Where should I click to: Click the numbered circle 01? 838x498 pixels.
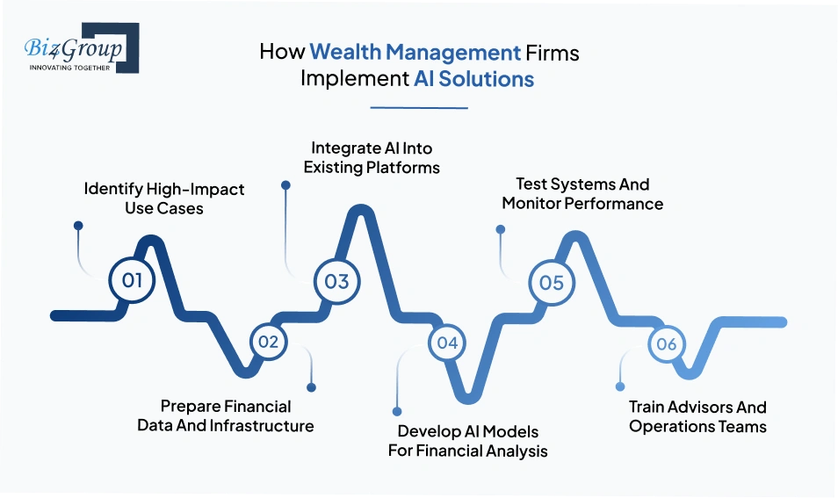click(133, 281)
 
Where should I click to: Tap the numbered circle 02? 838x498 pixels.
click(268, 342)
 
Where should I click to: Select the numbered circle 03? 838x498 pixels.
click(336, 281)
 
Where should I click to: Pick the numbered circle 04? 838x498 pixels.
click(447, 342)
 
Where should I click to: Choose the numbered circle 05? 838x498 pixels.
click(552, 283)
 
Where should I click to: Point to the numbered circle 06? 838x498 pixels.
click(667, 343)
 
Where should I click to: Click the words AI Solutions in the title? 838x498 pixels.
click(473, 78)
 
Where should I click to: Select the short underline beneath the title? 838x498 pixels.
click(419, 108)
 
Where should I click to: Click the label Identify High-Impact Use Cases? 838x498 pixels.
click(164, 198)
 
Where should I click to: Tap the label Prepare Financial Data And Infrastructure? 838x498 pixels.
click(226, 416)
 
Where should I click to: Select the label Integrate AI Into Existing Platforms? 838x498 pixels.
click(375, 156)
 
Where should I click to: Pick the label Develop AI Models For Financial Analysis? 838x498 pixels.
click(468, 441)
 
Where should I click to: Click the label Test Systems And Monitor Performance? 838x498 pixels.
click(582, 193)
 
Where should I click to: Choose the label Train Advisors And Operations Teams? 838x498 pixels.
click(697, 416)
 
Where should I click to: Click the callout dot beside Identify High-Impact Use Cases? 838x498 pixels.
click(78, 226)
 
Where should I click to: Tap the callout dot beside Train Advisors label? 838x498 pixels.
click(620, 386)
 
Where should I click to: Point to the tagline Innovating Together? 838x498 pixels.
click(70, 67)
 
